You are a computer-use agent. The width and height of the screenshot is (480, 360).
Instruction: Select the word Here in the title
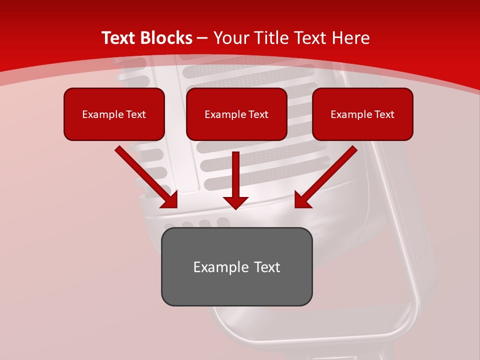[351, 38]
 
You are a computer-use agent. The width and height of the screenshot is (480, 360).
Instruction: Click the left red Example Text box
[114, 114]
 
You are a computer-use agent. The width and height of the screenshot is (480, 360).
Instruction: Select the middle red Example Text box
[236, 114]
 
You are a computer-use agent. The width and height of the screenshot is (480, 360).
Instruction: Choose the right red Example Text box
[362, 114]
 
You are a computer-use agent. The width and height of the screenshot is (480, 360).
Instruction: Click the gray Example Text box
[236, 267]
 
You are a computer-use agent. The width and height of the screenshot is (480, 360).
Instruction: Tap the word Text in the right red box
[384, 114]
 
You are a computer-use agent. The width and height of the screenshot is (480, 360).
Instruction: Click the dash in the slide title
[202, 38]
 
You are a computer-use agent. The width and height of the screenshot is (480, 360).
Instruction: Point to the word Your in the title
[231, 38]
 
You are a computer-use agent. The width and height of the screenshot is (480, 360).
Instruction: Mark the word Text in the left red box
[136, 114]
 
